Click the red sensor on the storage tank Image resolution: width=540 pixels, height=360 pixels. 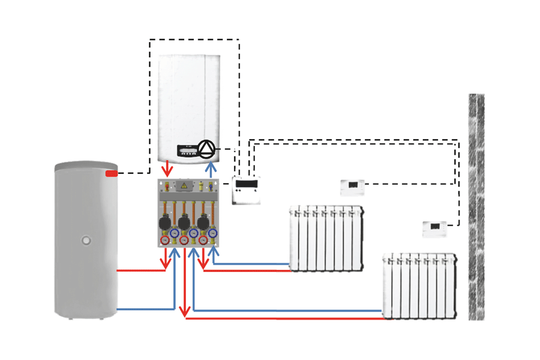pyautogui.click(x=111, y=173)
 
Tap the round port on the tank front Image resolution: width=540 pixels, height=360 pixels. pyautogui.click(x=86, y=241)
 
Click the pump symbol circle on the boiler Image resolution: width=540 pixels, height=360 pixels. pyautogui.click(x=206, y=149)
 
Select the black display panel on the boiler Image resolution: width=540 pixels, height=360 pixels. pyautogui.click(x=186, y=151)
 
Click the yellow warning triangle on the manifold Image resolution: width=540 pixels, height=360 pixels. pyautogui.click(x=184, y=187)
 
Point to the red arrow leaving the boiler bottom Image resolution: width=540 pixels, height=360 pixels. pyautogui.click(x=169, y=169)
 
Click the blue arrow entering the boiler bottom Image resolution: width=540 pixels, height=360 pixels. pyautogui.click(x=210, y=169)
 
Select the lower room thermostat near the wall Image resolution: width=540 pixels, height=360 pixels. pyautogui.click(x=434, y=229)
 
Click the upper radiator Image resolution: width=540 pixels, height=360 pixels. pyautogui.click(x=326, y=238)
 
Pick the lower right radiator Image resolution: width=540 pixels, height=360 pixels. pyautogui.click(x=419, y=286)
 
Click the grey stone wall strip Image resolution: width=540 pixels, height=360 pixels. pyautogui.click(x=476, y=207)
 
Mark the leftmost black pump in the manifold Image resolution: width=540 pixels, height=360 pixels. pyautogui.click(x=164, y=224)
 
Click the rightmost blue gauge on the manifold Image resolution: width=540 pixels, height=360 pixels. pyautogui.click(x=212, y=232)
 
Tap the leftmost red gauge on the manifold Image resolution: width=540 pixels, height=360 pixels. pyautogui.click(x=165, y=240)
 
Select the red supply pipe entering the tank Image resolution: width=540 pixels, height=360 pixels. pyautogui.click(x=138, y=271)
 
